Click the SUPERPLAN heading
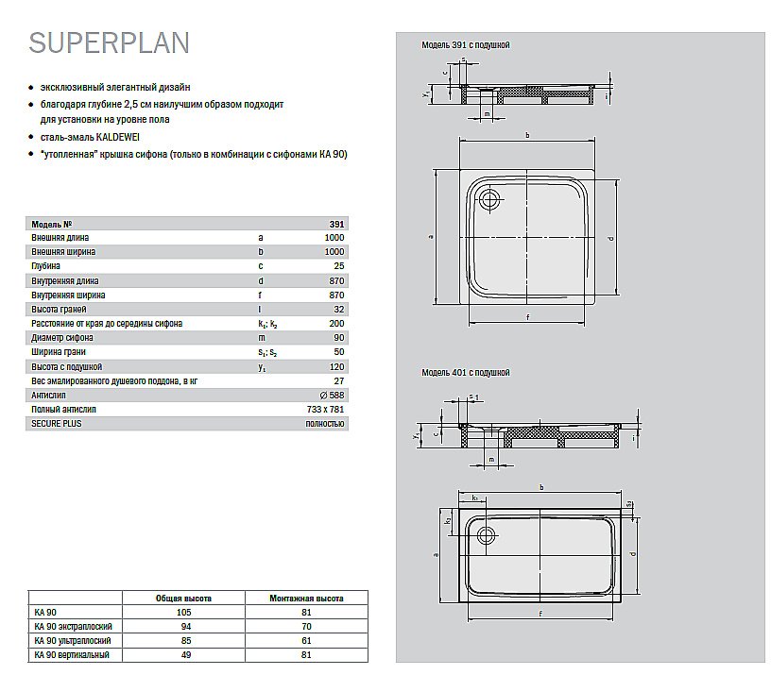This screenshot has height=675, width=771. click(109, 42)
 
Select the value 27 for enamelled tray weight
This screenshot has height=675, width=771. click(339, 381)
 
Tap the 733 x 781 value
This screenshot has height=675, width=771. click(326, 410)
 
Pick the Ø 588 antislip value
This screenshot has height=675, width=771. click(332, 396)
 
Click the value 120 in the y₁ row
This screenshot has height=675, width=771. click(337, 366)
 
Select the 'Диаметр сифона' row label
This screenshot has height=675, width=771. click(62, 338)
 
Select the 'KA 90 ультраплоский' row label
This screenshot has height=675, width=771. click(72, 641)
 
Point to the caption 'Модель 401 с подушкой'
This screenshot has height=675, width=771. click(465, 373)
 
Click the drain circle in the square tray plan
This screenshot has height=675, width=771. click(489, 198)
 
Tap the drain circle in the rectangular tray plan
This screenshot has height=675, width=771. click(488, 535)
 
